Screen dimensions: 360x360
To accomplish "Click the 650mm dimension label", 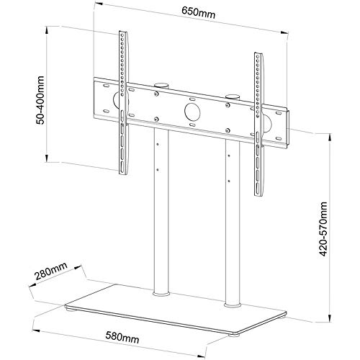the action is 198,12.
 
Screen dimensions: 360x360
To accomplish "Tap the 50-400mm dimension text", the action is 40,100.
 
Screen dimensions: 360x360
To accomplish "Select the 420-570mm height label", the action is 323,229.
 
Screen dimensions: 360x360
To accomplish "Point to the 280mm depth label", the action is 51,271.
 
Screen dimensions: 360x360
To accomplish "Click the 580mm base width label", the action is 122,337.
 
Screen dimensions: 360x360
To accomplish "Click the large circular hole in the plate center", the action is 192,112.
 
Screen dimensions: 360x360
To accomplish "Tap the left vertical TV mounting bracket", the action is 124,103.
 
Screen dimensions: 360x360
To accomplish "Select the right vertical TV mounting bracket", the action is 259,125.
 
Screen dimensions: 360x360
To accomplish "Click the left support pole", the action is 161,211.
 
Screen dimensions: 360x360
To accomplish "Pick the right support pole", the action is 233,222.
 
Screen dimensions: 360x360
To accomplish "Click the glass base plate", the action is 176,310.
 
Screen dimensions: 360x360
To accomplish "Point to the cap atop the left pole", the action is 161,85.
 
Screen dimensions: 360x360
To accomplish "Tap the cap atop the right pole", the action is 233,96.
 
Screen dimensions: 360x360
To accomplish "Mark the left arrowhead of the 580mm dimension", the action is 34,330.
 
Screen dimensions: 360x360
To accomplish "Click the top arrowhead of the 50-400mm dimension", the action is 47,29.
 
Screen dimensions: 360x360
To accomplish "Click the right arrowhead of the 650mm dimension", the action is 286,33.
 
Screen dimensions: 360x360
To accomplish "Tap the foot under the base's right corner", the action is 233,335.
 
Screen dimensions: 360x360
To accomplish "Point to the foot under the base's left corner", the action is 71,310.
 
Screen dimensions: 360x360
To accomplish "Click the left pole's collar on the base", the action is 161,294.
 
